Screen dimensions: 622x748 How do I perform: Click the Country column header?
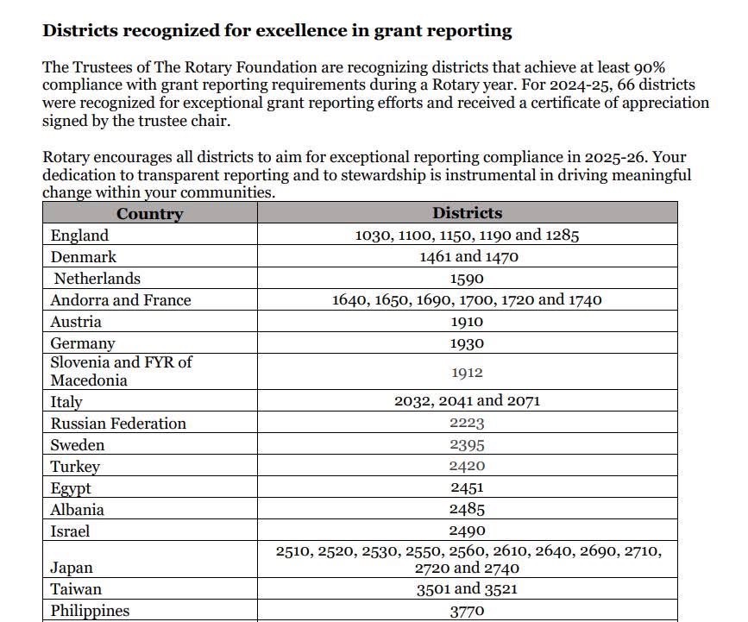point(149,214)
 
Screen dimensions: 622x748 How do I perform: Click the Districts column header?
point(467,213)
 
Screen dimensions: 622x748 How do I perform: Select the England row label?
point(79,236)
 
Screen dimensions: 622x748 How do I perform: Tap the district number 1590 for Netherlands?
point(467,279)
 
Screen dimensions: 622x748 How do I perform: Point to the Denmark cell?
point(83,257)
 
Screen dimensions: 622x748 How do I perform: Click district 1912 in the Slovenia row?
point(467,373)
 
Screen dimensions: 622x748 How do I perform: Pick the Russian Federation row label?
point(118,424)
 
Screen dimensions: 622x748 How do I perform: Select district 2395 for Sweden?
point(467,445)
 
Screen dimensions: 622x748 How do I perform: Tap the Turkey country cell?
point(75,467)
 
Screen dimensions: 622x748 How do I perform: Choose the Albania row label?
point(77,510)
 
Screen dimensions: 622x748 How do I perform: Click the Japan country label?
point(72,568)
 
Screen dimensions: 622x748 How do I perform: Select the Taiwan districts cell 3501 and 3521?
point(467,589)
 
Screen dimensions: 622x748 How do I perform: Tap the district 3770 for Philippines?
point(467,611)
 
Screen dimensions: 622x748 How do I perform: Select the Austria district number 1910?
point(467,322)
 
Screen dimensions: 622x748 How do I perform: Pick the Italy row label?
point(66,401)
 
